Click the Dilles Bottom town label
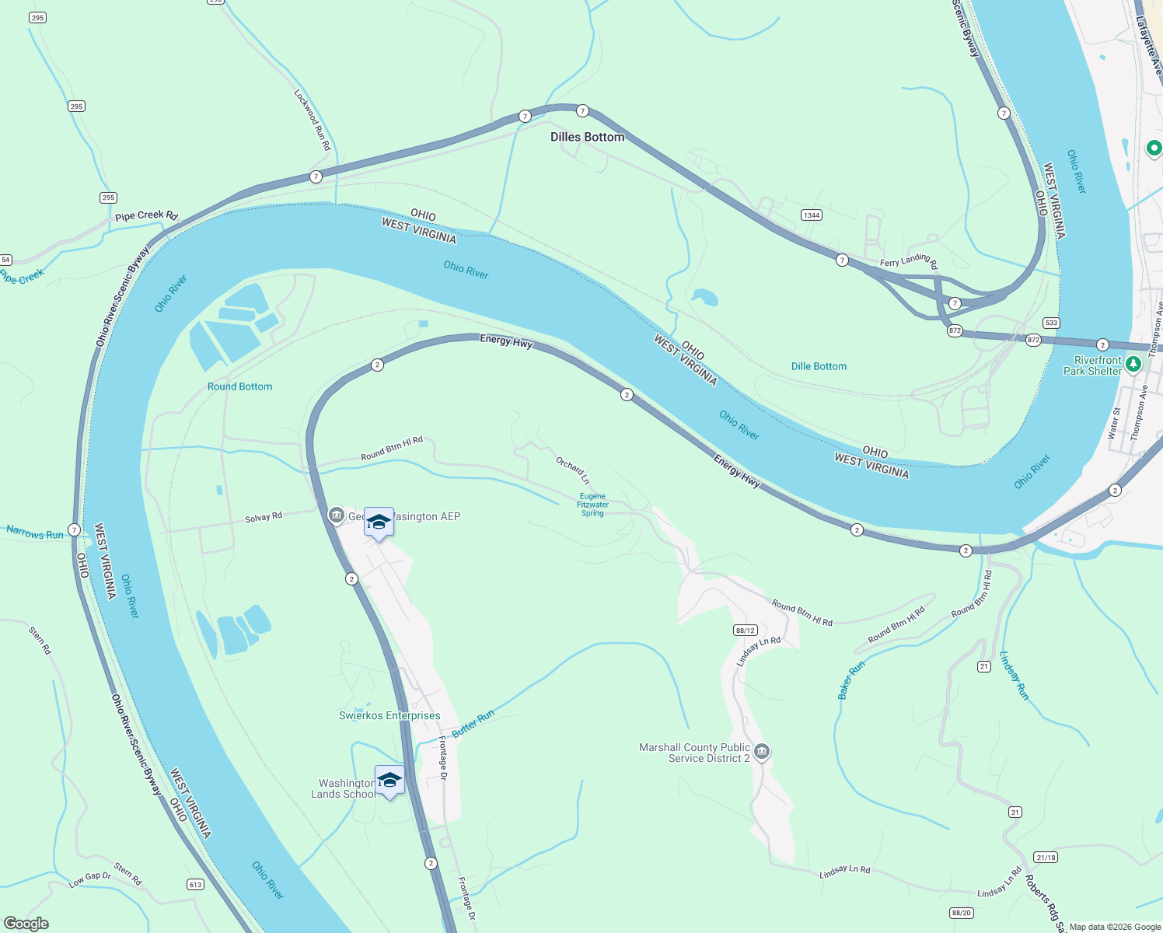(587, 137)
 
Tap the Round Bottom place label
(239, 386)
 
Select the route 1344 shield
(812, 215)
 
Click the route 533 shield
(1051, 323)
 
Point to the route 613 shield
(195, 884)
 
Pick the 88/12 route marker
(745, 631)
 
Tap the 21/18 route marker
(1046, 858)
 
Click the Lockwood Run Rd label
(313, 120)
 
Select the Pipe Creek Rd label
(146, 215)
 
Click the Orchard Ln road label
(572, 470)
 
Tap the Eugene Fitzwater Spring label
(592, 505)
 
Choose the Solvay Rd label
(264, 518)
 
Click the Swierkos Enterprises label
(389, 715)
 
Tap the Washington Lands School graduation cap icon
(389, 781)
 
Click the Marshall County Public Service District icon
(762, 751)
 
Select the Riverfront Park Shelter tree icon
(1133, 363)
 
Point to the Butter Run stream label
(473, 724)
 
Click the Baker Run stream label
(851, 681)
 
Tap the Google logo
(26, 924)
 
